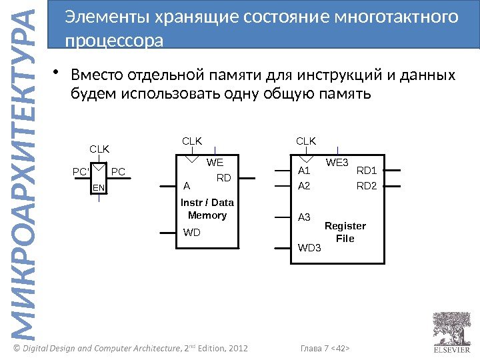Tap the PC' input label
click(81, 172)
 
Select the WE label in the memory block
click(215, 162)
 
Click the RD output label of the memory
click(224, 178)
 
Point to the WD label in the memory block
click(192, 233)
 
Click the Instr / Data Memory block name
click(207, 209)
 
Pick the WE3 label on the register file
click(337, 162)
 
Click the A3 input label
click(304, 217)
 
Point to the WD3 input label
click(309, 248)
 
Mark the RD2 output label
click(367, 186)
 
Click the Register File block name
click(345, 232)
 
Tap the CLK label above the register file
click(306, 141)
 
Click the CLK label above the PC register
click(99, 149)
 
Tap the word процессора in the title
click(115, 41)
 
